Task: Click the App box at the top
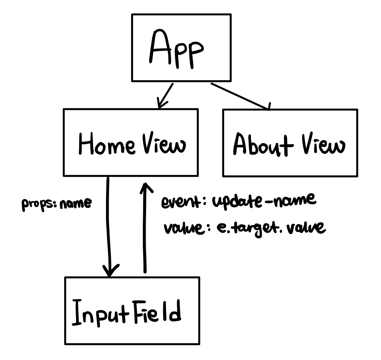point(181,47)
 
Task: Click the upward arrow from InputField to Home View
point(144,229)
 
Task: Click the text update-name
point(264,200)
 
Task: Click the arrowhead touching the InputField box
point(110,271)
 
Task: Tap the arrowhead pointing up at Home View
point(143,188)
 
